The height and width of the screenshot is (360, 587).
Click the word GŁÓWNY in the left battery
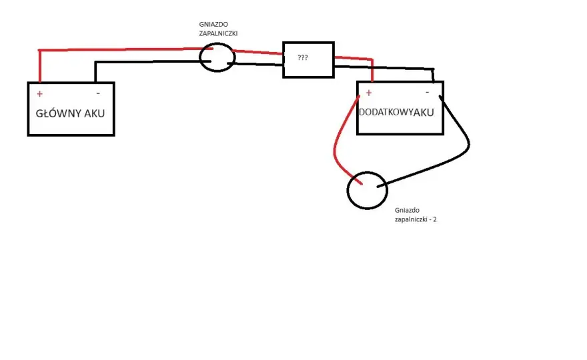(x=58, y=113)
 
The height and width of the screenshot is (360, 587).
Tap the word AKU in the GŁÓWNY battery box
(x=94, y=113)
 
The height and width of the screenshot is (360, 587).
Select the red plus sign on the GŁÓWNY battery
(x=39, y=93)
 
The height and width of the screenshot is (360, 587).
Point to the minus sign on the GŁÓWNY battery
(x=98, y=93)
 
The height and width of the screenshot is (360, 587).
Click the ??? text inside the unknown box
(x=302, y=57)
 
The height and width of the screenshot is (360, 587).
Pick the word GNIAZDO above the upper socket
(x=213, y=24)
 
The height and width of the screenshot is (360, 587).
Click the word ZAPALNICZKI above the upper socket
(x=218, y=33)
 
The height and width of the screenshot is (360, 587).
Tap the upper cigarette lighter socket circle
(x=199, y=57)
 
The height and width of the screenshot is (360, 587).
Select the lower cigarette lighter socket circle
(x=348, y=191)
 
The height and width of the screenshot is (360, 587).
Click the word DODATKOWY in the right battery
(x=386, y=112)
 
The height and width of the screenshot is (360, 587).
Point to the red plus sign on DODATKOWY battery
(x=369, y=93)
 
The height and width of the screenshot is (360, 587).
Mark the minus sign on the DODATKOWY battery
(x=427, y=92)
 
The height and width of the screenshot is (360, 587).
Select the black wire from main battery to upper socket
(x=149, y=62)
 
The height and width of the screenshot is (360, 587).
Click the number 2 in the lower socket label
(x=435, y=219)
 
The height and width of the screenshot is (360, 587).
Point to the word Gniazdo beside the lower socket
(x=407, y=210)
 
